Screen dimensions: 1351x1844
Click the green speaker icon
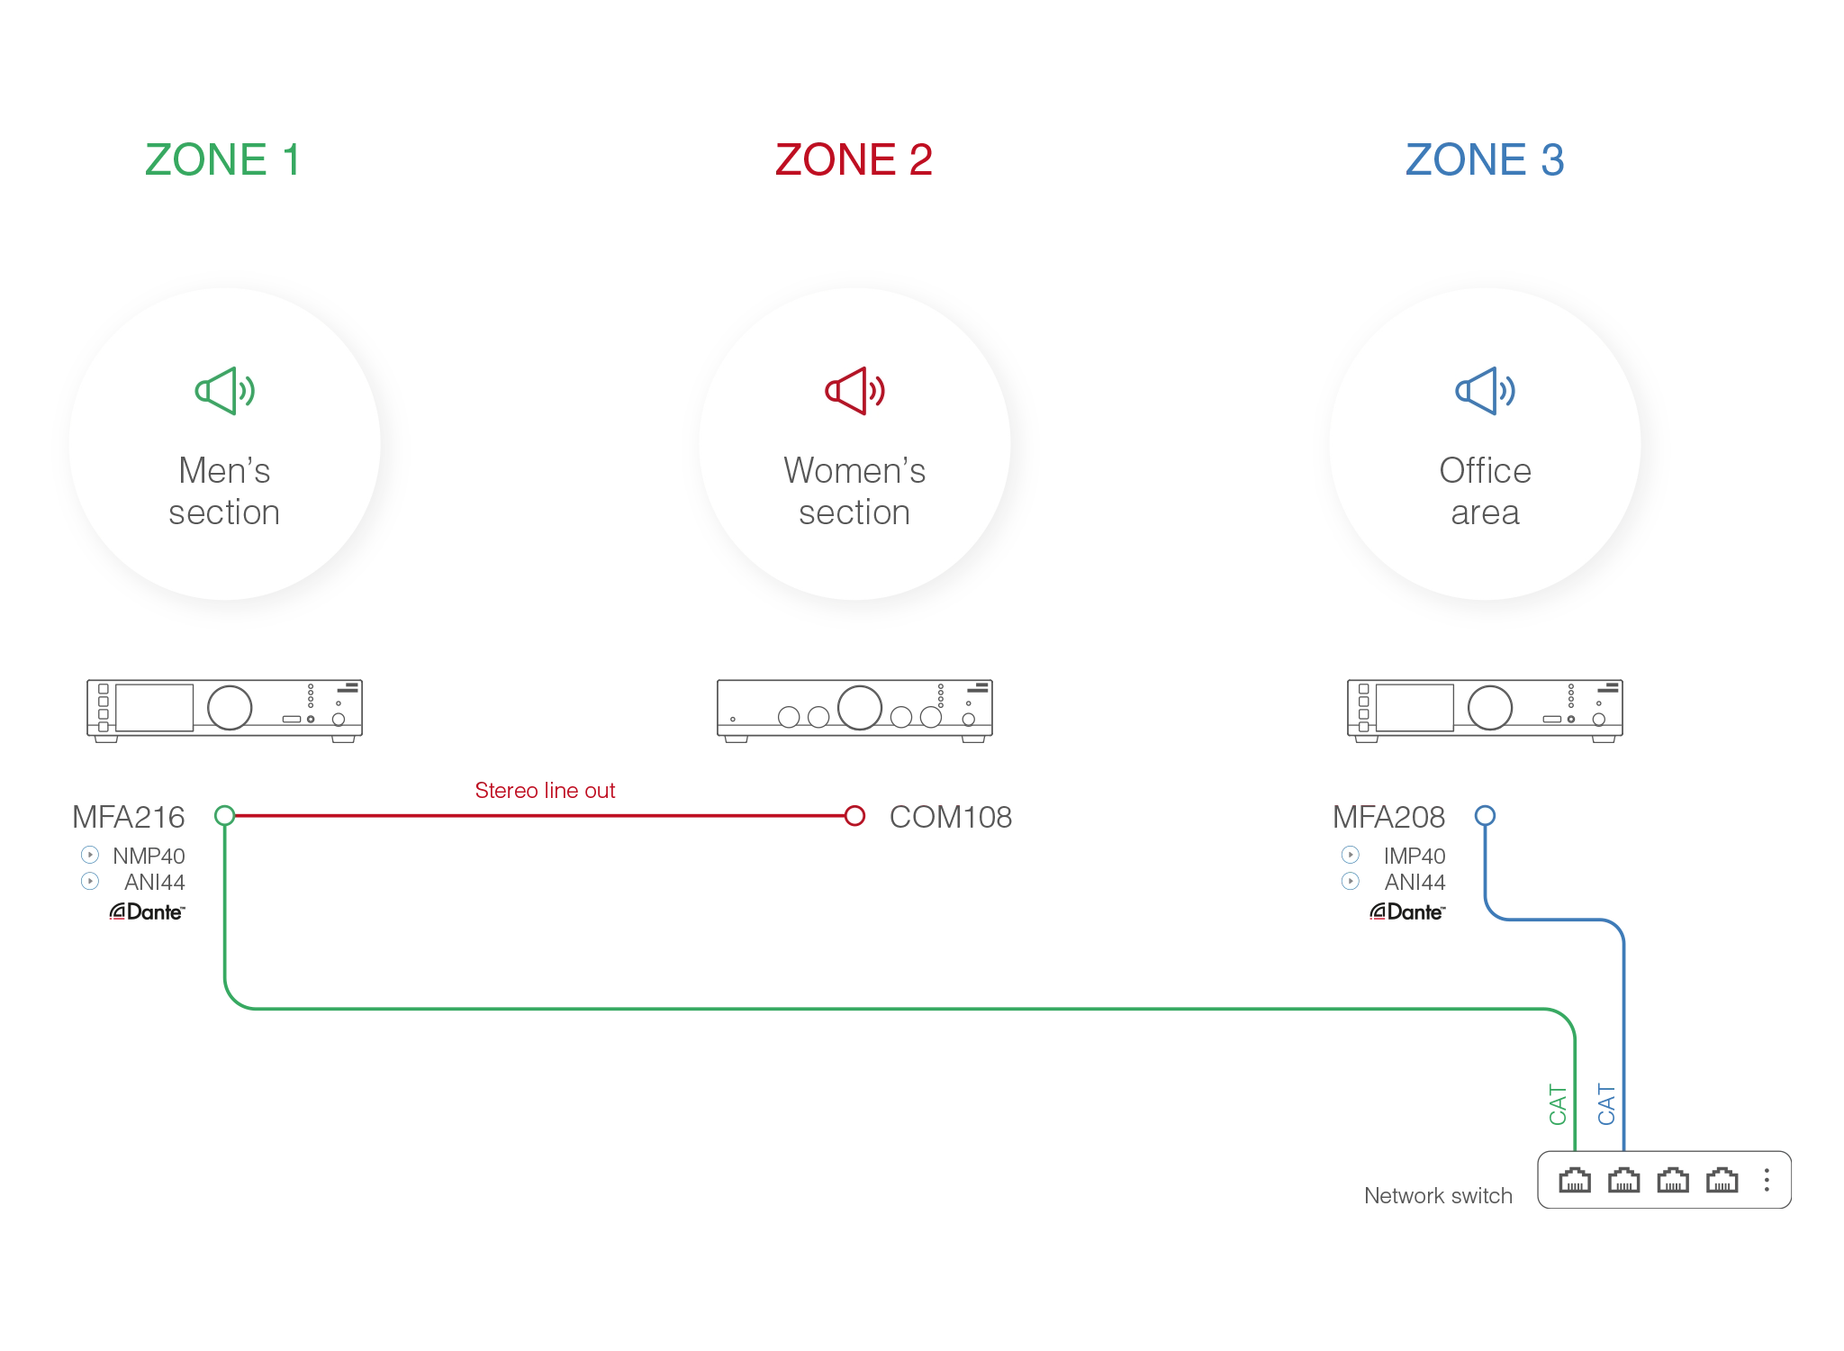coord(224,391)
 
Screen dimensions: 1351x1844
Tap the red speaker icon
coord(854,391)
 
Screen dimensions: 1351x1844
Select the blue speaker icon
coord(1485,391)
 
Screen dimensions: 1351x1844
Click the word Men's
coord(224,470)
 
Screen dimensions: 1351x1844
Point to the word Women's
coord(854,470)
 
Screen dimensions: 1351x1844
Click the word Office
coord(1485,470)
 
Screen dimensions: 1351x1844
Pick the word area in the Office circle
coord(1485,512)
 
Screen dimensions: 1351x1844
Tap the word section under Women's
coord(854,512)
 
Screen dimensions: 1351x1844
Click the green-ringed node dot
coord(224,816)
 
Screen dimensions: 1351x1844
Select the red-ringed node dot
coord(854,816)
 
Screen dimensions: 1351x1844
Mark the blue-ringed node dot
coord(1485,816)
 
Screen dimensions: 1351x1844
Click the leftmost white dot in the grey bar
coord(789,717)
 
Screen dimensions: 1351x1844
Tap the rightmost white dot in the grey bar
coord(931,717)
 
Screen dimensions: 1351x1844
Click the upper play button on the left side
coord(90,854)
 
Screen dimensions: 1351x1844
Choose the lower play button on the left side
coord(90,881)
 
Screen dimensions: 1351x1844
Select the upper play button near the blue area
coord(1350,854)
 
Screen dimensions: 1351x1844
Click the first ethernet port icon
coord(1575,1180)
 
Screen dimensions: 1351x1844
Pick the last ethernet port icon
coord(1722,1180)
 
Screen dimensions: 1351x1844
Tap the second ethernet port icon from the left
coord(1623,1180)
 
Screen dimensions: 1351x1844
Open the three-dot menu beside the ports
coord(1767,1180)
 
